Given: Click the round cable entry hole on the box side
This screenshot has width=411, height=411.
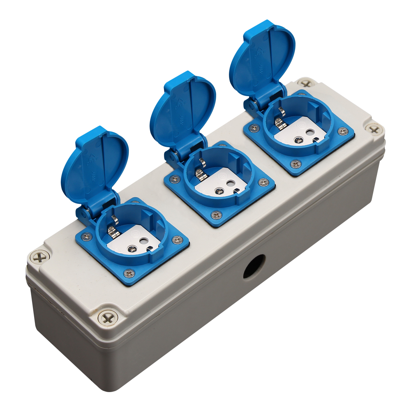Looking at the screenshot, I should click(x=254, y=266).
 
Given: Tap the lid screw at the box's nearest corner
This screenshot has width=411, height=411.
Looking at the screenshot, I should click(x=108, y=317).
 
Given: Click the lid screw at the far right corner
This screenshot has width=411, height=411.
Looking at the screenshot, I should click(x=374, y=129).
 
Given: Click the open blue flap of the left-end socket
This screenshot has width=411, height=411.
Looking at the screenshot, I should click(x=95, y=164).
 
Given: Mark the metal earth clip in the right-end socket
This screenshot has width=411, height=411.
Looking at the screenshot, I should click(x=280, y=120).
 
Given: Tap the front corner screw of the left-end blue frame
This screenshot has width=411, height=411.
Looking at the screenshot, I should click(x=129, y=272).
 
